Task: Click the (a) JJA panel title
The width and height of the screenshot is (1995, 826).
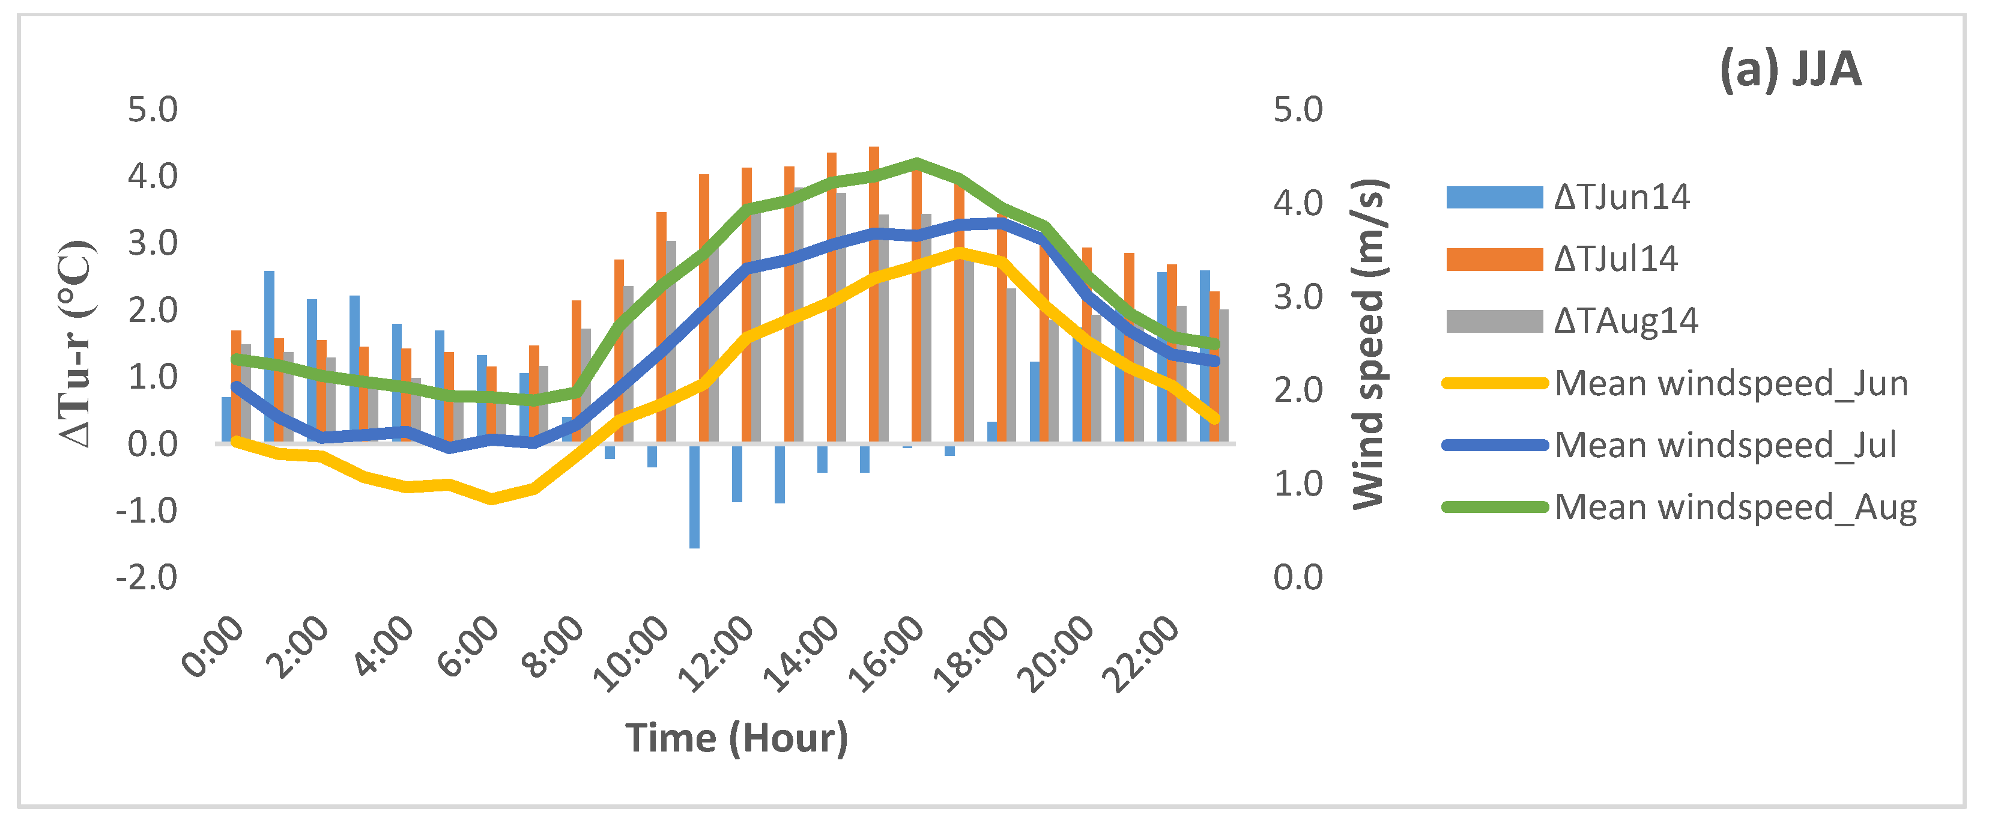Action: tap(1789, 70)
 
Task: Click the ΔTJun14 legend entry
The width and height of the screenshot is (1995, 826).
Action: tap(1567, 197)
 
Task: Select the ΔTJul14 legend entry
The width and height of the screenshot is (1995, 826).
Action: tap(1561, 259)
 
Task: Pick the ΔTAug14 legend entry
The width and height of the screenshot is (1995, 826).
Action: tap(1572, 321)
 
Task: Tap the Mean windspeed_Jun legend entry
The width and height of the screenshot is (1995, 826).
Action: tap(1677, 383)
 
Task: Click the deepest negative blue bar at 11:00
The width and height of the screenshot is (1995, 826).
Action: tap(695, 496)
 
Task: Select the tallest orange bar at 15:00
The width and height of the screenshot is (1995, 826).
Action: tap(874, 294)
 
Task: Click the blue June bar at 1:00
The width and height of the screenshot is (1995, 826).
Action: tap(268, 356)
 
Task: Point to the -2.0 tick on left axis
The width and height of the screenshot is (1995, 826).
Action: tap(147, 578)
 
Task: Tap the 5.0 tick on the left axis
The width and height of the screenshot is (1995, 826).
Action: tap(153, 109)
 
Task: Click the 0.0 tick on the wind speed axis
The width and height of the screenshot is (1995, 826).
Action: tap(1297, 578)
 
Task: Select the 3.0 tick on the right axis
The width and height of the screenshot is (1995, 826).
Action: tap(1297, 297)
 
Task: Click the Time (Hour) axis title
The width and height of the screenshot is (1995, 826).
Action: tap(736, 738)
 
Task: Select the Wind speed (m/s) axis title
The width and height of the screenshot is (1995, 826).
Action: tap(1369, 344)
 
